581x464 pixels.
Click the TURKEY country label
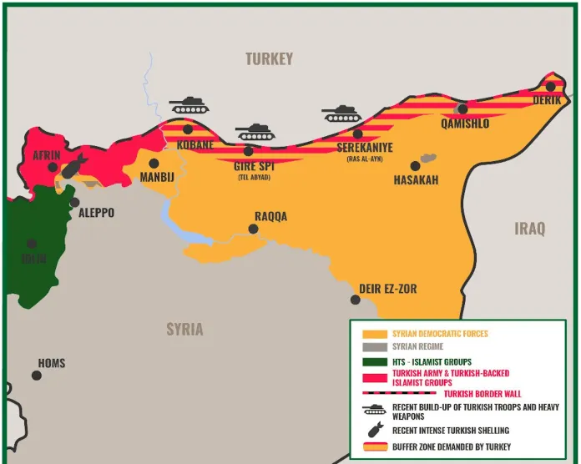[269, 58]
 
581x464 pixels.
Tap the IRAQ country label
[529, 228]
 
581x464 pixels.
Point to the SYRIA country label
[184, 329]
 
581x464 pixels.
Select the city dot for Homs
[37, 376]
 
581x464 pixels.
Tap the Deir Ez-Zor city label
[387, 289]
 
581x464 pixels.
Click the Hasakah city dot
[415, 166]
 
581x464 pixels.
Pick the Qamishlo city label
[464, 124]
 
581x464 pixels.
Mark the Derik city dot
[550, 86]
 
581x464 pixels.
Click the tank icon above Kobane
[189, 104]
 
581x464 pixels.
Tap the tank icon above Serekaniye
[342, 113]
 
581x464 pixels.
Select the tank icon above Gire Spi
[255, 132]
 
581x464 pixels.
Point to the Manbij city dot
[154, 164]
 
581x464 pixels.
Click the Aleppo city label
[96, 214]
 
